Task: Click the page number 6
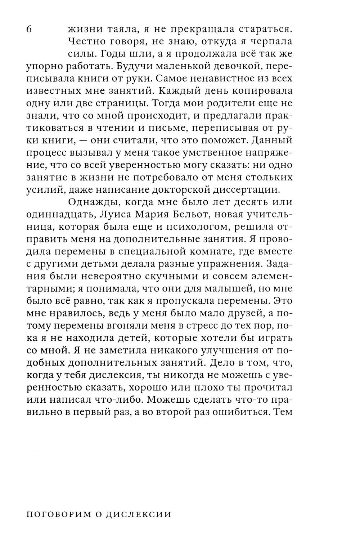pos(30,29)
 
